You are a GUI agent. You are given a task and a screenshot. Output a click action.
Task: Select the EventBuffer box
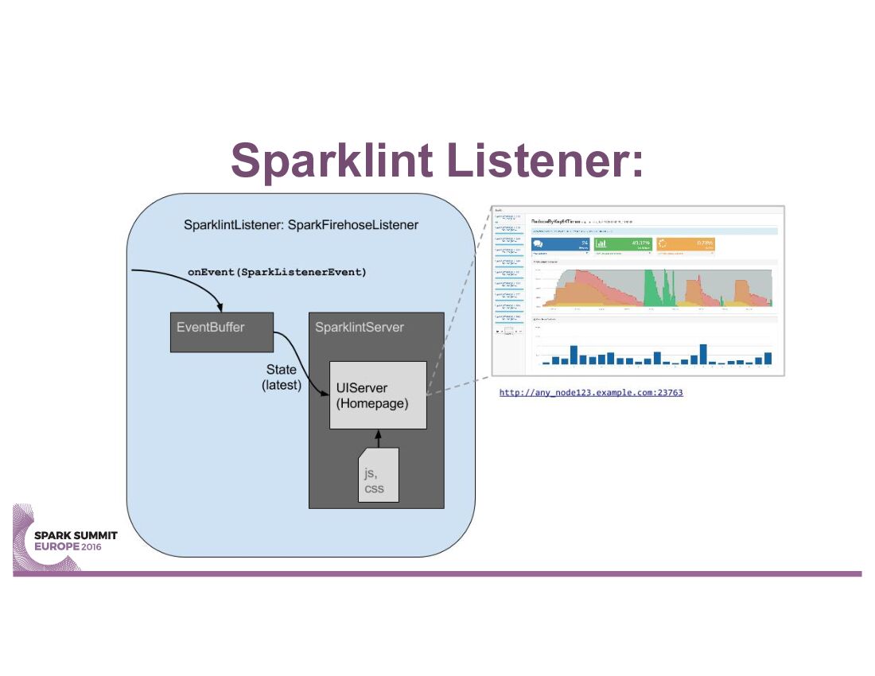[x=222, y=332]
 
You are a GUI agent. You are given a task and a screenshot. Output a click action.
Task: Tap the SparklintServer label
[x=360, y=327]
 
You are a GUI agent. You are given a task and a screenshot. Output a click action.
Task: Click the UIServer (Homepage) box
[x=379, y=395]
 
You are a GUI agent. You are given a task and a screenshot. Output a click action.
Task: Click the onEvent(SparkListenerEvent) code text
[x=277, y=272]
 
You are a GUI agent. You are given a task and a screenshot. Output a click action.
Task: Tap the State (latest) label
[x=282, y=377]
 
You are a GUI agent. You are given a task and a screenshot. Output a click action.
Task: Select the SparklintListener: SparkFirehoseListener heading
[x=301, y=225]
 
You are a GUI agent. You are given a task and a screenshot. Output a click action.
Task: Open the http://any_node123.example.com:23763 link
[x=591, y=392]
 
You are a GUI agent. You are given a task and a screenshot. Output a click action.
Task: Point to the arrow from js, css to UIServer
[x=379, y=439]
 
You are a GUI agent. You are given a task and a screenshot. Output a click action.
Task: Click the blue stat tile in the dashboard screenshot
[x=560, y=246]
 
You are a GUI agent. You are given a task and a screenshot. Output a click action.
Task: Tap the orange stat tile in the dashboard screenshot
[x=686, y=246]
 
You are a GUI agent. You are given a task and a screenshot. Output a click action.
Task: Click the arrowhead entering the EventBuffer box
[x=220, y=309]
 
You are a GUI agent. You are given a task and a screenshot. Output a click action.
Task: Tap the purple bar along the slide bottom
[x=437, y=573]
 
